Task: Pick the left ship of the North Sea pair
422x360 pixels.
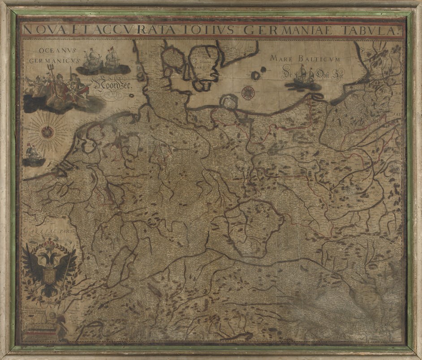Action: [91, 58]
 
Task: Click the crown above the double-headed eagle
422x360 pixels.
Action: [49, 244]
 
